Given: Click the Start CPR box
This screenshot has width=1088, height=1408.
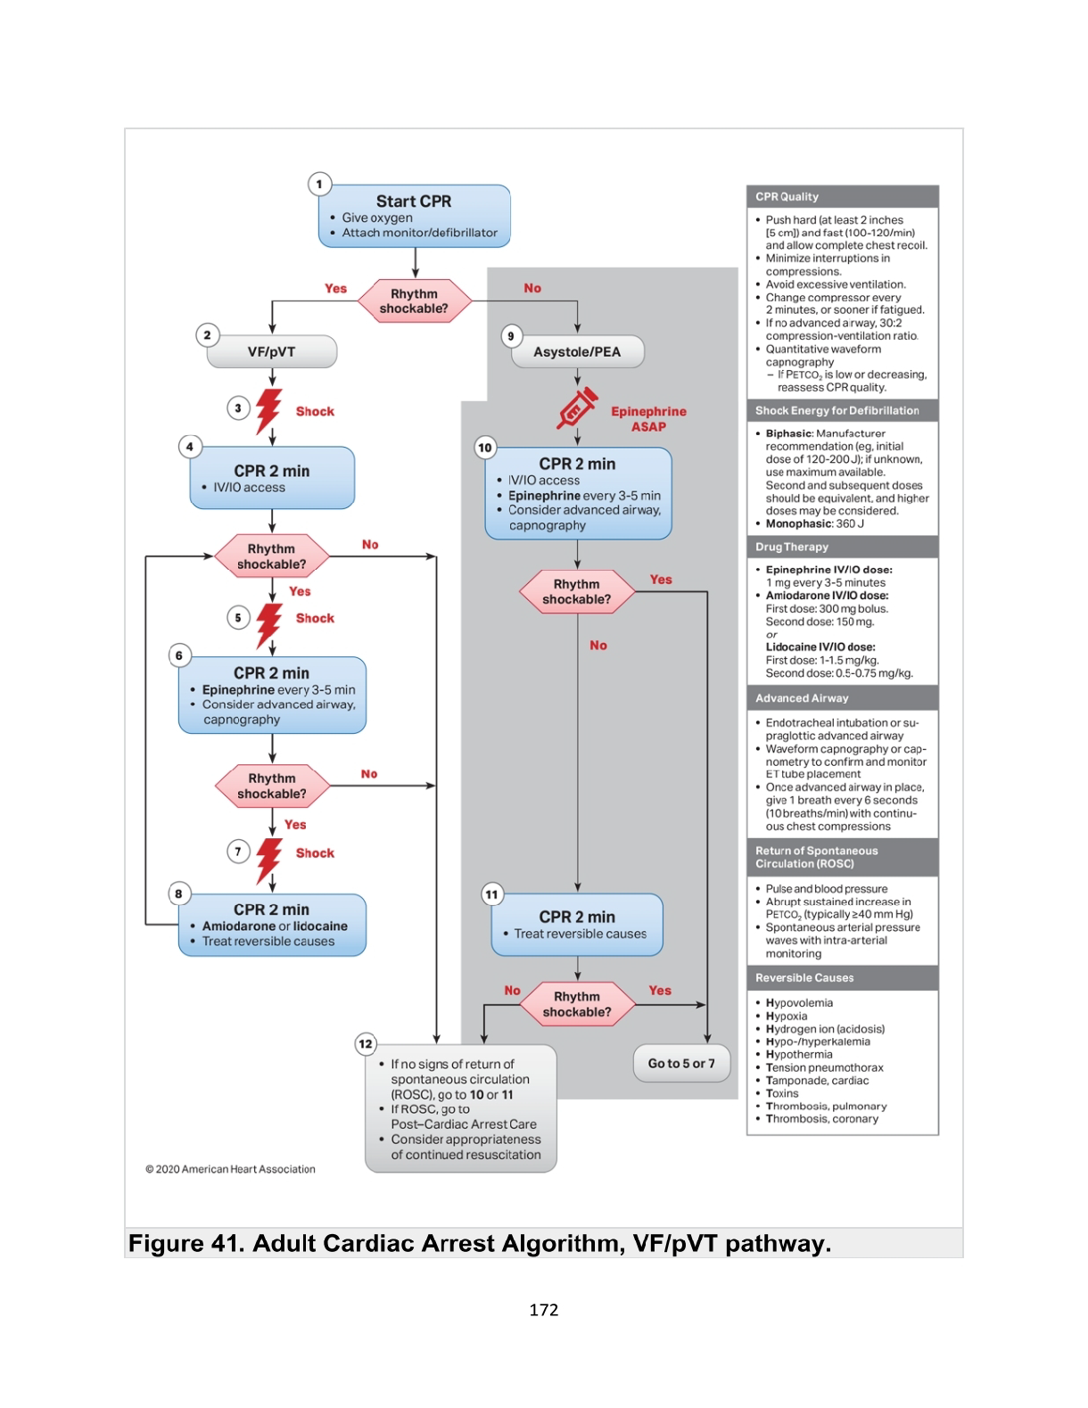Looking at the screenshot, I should pyautogui.click(x=415, y=216).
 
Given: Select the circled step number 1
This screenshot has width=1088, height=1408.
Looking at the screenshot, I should pyautogui.click(x=319, y=185).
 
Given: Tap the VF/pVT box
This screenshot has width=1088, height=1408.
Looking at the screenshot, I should pyautogui.click(x=272, y=351).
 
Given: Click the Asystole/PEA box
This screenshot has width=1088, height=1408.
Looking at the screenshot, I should pyautogui.click(x=577, y=351).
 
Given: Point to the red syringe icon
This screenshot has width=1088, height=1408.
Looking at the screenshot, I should pyautogui.click(x=577, y=409).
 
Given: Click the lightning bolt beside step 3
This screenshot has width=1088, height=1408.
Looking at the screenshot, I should pyautogui.click(x=268, y=410).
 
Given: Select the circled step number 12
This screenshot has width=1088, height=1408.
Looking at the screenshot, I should pyautogui.click(x=366, y=1044).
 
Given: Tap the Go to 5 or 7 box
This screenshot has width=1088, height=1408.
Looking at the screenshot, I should pyautogui.click(x=681, y=1064).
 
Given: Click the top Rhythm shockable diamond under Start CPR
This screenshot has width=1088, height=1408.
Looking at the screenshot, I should pyautogui.click(x=415, y=301).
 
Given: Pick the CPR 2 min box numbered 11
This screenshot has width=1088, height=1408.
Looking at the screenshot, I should pyautogui.click(x=577, y=925).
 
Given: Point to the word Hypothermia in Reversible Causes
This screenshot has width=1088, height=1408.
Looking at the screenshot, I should pyautogui.click(x=799, y=1054).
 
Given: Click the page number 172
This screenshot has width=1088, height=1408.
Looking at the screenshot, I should pyautogui.click(x=543, y=1310).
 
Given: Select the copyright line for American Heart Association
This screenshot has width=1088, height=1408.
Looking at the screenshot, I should pyautogui.click(x=230, y=1169).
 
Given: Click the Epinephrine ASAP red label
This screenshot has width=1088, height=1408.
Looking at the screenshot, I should pyautogui.click(x=648, y=419).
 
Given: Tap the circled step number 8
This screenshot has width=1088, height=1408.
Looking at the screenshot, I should pyautogui.click(x=179, y=893).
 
